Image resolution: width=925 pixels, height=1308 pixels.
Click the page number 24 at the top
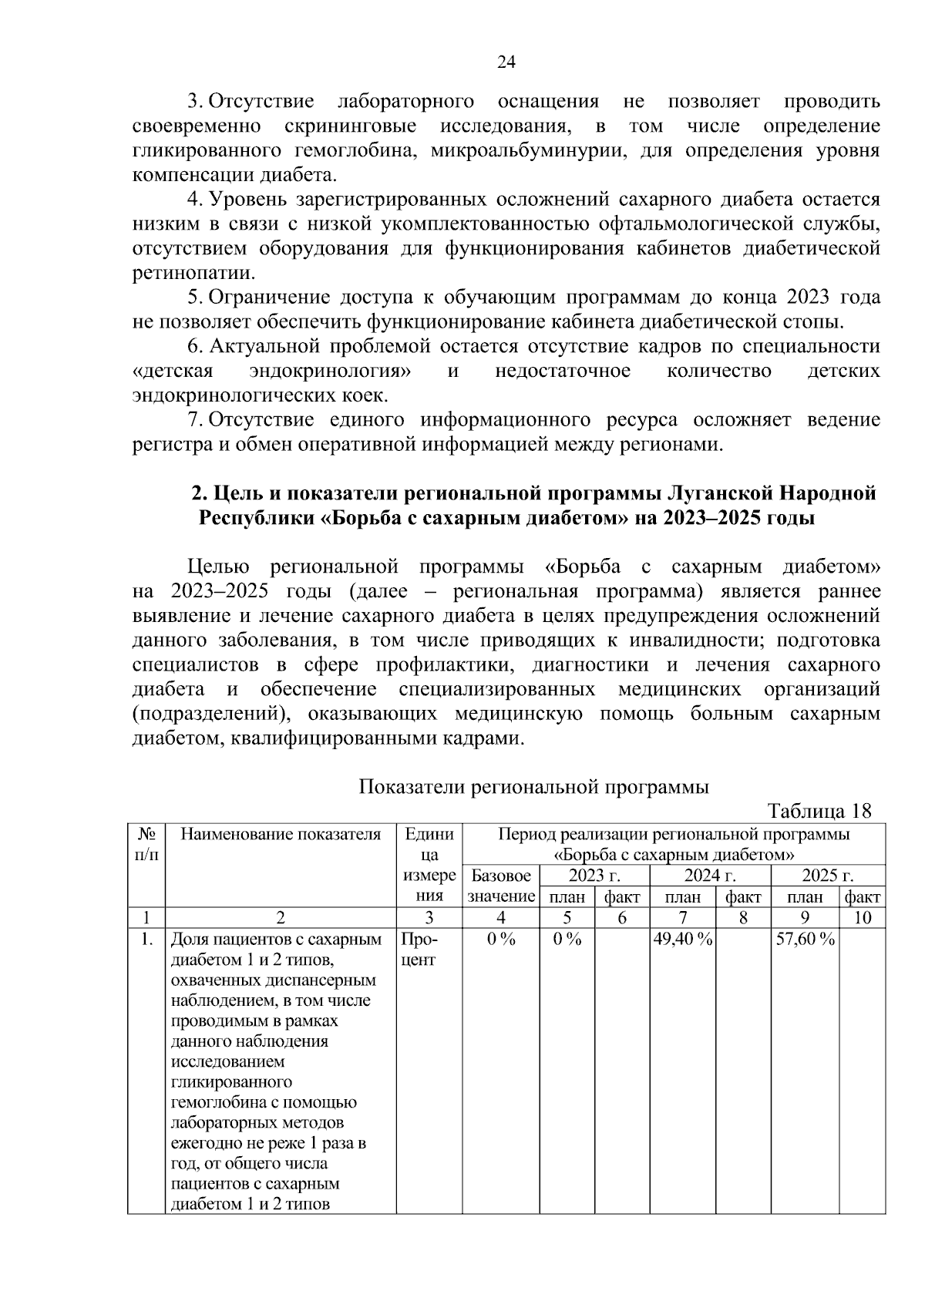pyautogui.click(x=506, y=62)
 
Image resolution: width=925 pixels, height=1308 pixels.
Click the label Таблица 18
pyautogui.click(x=819, y=811)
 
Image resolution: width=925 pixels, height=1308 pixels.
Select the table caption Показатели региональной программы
pyautogui.click(x=534, y=787)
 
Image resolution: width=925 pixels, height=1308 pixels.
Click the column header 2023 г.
pyautogui.click(x=594, y=876)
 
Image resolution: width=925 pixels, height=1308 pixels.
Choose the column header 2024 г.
pyautogui.click(x=709, y=876)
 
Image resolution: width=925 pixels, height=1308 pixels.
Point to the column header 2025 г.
pyautogui.click(x=827, y=876)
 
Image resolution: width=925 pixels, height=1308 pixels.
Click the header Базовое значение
pyautogui.click(x=501, y=886)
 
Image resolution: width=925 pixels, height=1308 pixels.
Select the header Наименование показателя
pyautogui.click(x=281, y=834)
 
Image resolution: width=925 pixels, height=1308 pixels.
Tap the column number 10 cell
pyautogui.click(x=862, y=917)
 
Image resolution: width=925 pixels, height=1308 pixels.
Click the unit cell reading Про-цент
pyautogui.click(x=419, y=950)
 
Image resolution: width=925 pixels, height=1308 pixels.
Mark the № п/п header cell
pyautogui.click(x=146, y=844)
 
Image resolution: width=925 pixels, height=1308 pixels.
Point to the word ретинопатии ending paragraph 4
pyautogui.click(x=193, y=273)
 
